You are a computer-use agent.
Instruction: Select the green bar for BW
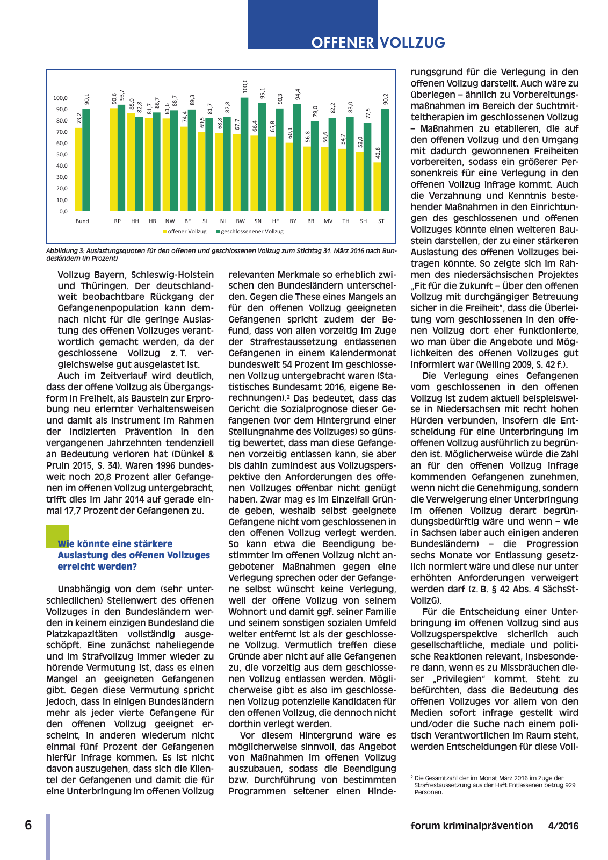(x=244, y=154)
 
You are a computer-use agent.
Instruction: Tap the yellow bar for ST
(x=378, y=187)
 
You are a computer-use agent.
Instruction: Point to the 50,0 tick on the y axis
(x=60, y=155)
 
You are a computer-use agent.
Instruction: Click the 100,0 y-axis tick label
(x=60, y=98)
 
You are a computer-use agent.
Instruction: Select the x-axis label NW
(x=170, y=221)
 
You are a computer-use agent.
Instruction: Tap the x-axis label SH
(x=364, y=221)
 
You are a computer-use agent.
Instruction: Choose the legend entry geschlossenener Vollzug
(x=251, y=232)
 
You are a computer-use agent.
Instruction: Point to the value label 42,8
(x=378, y=153)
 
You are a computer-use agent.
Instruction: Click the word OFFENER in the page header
(x=343, y=43)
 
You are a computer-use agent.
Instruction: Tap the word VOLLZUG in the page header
(x=412, y=43)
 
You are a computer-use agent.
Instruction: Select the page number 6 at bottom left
(x=28, y=826)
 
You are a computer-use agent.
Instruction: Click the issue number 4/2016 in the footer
(x=563, y=826)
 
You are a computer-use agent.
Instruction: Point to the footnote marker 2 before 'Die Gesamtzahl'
(x=412, y=777)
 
